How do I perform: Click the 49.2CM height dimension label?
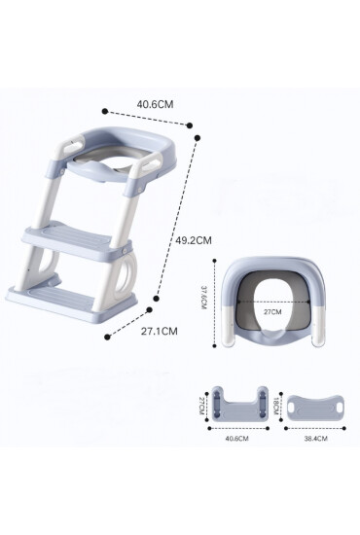[x=194, y=240]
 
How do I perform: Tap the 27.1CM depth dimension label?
[x=160, y=331]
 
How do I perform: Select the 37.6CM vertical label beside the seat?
[x=203, y=302]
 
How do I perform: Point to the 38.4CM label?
[x=315, y=439]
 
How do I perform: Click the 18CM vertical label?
[x=276, y=405]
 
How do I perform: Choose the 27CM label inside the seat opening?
[x=272, y=311]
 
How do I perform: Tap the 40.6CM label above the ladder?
[x=156, y=104]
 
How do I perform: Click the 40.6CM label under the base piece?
[x=236, y=439]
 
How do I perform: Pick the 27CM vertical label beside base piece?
[x=201, y=406]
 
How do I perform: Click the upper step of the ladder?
[x=77, y=241]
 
